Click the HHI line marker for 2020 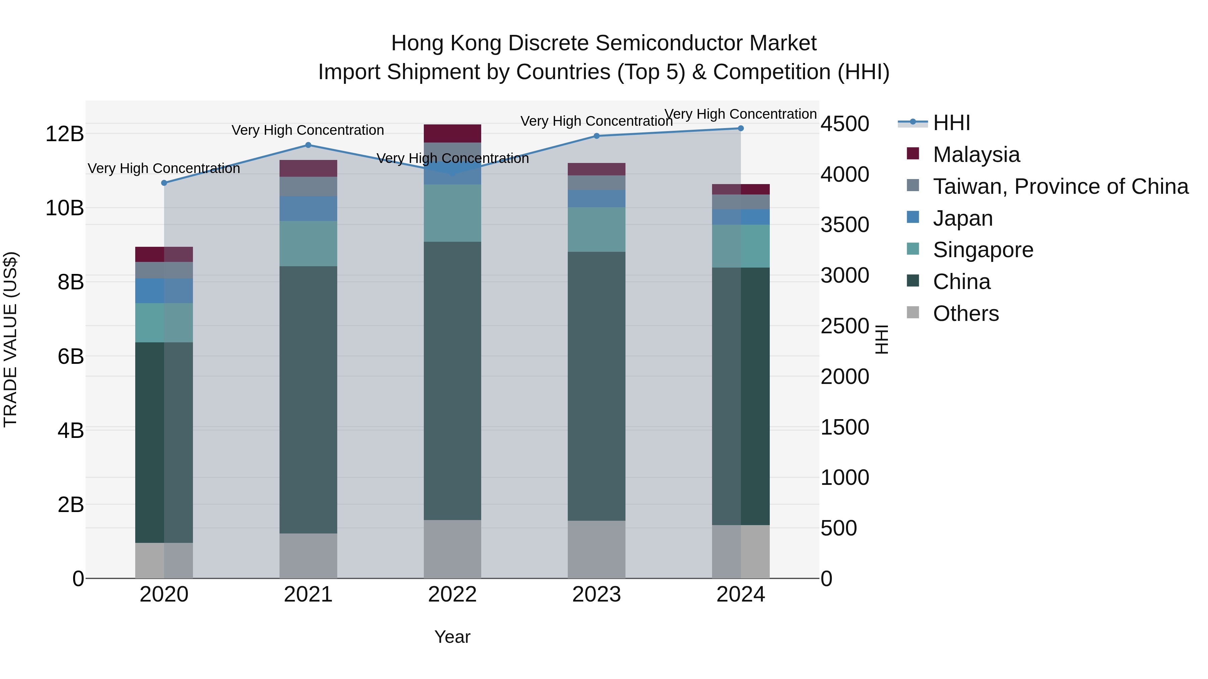tap(164, 183)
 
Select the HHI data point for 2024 tap(741, 128)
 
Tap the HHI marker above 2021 tap(308, 145)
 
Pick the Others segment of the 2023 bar tap(597, 549)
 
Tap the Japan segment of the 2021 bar tap(308, 209)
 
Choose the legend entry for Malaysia tap(976, 155)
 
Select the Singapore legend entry tap(983, 250)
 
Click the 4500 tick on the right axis tap(845, 124)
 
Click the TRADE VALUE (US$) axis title tap(10, 339)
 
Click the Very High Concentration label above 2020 tap(164, 168)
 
